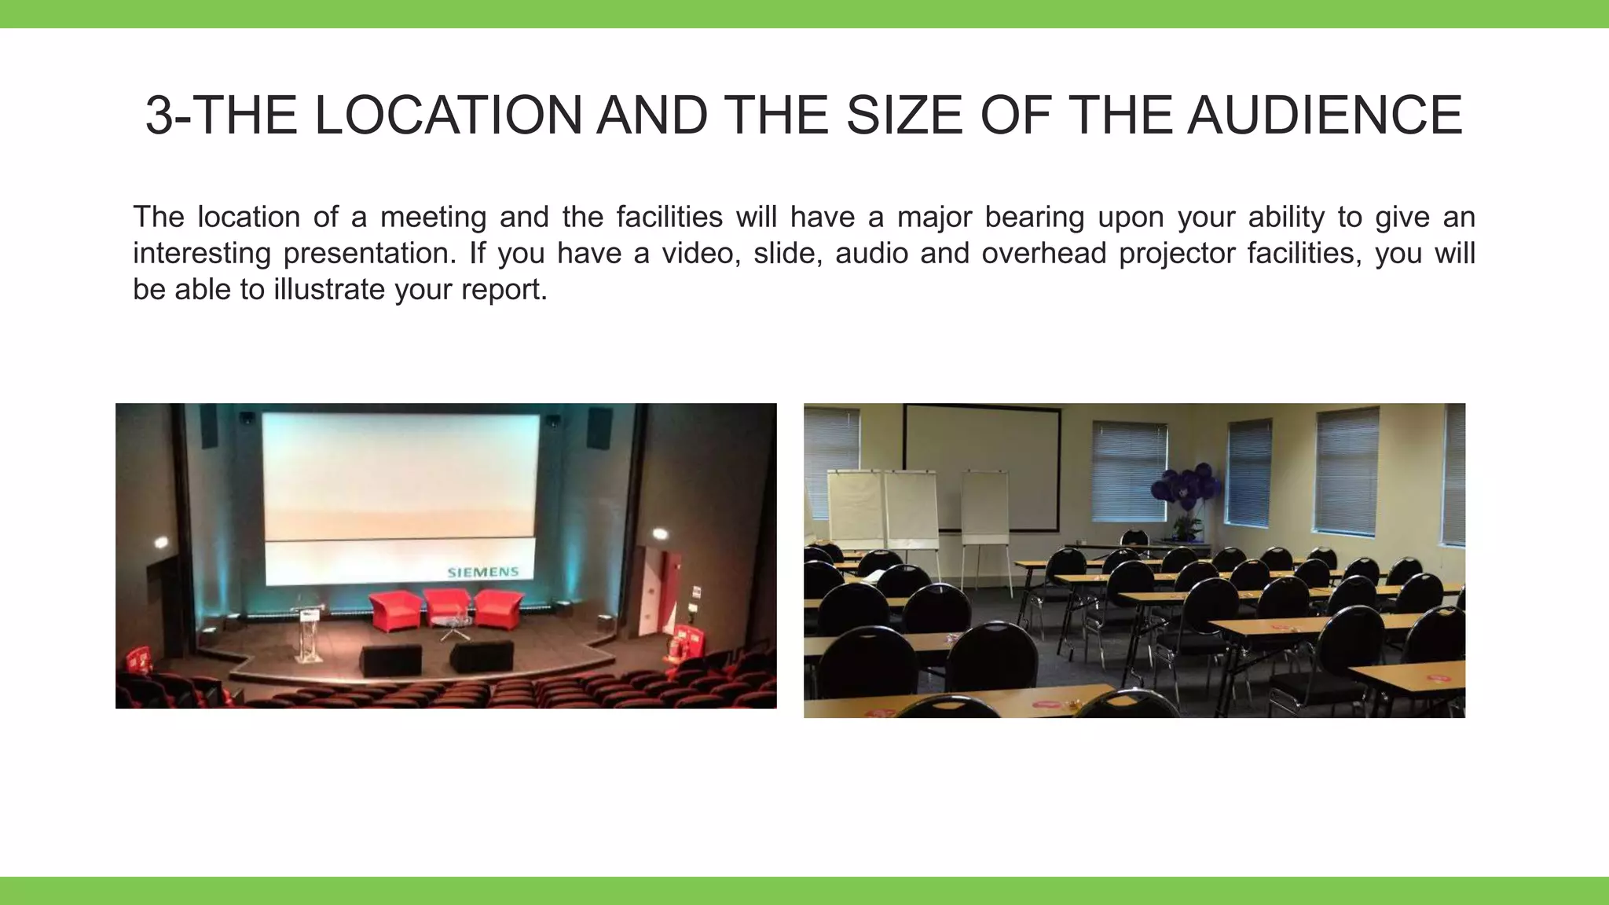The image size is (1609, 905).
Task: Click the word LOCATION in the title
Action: click(448, 115)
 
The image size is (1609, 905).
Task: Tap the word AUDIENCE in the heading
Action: click(1325, 115)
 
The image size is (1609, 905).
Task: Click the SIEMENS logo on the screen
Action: click(482, 572)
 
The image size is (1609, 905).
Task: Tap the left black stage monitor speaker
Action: click(390, 659)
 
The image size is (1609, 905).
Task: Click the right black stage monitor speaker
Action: click(482, 656)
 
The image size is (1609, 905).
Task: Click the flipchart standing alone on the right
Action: click(985, 511)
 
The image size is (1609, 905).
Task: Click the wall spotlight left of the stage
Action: click(162, 542)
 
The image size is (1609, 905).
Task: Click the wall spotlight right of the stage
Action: click(659, 534)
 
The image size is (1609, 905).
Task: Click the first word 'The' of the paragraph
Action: click(158, 218)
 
